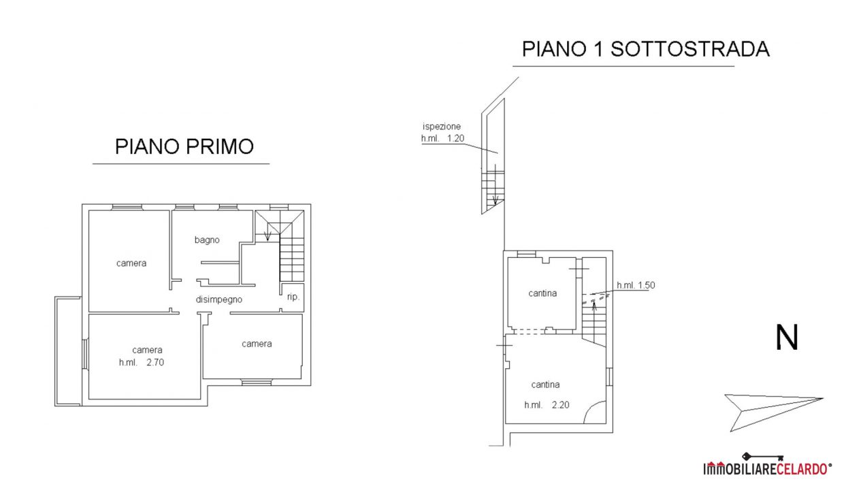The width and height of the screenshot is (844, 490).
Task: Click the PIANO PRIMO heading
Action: click(x=184, y=146)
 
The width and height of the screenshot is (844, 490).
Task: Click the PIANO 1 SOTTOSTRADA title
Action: click(x=645, y=49)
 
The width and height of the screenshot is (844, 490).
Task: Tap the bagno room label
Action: click(x=207, y=240)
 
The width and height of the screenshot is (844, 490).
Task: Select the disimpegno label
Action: click(x=219, y=300)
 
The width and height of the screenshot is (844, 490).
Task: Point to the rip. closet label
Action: click(x=293, y=297)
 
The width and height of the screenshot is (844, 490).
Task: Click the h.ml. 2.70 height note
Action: click(x=142, y=362)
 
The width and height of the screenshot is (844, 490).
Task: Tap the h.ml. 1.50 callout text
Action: click(x=636, y=285)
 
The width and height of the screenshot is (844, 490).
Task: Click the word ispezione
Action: click(x=442, y=127)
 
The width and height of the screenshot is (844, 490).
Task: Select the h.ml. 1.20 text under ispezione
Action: click(x=442, y=139)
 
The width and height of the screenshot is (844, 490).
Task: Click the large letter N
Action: click(x=787, y=338)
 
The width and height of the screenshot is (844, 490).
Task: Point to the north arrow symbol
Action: click(x=773, y=412)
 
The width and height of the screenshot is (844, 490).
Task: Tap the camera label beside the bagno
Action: click(x=131, y=263)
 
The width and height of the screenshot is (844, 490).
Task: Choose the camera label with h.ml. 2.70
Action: click(x=147, y=350)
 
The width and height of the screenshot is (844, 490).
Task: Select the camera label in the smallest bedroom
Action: click(x=257, y=344)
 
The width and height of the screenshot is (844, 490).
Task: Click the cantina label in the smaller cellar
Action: click(x=542, y=293)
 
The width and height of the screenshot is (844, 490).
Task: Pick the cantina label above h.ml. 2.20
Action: click(x=545, y=385)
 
